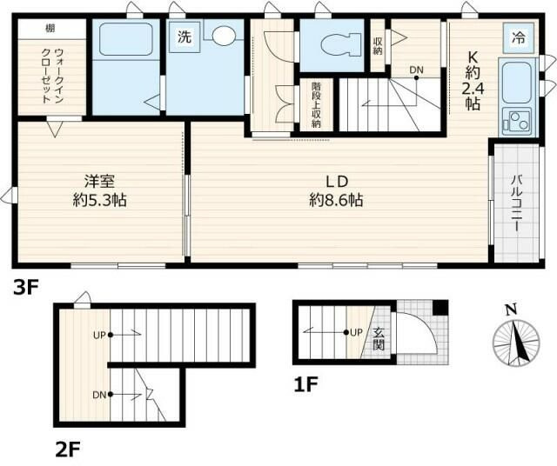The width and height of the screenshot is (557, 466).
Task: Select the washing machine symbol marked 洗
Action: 185,37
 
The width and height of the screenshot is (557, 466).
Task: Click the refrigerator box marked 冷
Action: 518,37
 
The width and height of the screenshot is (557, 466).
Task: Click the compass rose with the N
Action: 513,339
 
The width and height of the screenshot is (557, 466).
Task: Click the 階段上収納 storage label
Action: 317,105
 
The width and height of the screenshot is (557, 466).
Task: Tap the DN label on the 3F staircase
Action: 417,70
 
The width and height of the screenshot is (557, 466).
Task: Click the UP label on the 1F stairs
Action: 355,331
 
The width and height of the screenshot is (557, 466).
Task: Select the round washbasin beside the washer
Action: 225,37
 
